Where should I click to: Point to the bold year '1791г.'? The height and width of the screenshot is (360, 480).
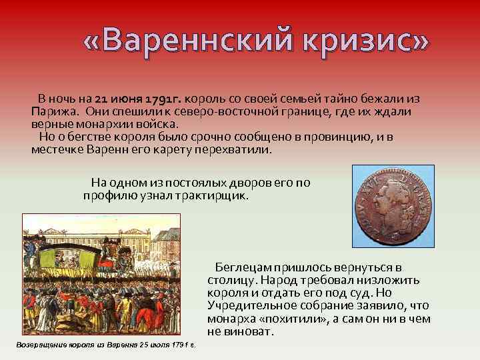pos(163,98)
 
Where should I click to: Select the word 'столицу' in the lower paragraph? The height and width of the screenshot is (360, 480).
pos(229,280)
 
